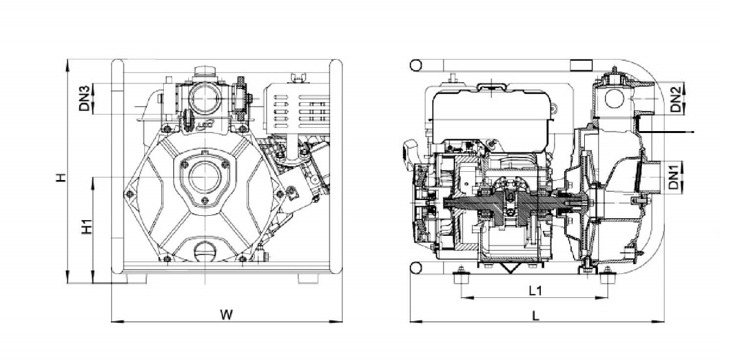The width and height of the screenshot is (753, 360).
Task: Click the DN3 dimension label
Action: [x=84, y=98]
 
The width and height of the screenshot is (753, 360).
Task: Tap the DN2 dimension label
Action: [x=675, y=99]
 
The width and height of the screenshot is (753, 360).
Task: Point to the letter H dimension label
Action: [x=60, y=177]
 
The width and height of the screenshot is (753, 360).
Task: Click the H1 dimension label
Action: [x=87, y=227]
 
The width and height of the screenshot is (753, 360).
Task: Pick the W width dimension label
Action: [x=227, y=315]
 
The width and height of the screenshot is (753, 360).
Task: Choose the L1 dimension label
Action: [x=536, y=291]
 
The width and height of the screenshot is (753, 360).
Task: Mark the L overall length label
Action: [x=535, y=316]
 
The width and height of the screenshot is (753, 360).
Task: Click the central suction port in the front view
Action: [x=205, y=177]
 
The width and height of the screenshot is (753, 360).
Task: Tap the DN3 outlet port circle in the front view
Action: [x=205, y=98]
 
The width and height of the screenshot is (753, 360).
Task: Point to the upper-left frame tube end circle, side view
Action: [x=416, y=65]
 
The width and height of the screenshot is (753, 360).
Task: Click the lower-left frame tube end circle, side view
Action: [x=416, y=268]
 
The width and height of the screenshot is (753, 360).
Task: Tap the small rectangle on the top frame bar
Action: [x=581, y=65]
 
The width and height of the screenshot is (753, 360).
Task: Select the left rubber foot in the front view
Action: [x=137, y=278]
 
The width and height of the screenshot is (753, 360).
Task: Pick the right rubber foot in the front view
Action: [x=308, y=278]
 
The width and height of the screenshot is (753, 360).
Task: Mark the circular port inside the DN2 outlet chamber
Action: [x=614, y=98]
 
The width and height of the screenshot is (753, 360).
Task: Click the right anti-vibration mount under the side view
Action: [x=608, y=277]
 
